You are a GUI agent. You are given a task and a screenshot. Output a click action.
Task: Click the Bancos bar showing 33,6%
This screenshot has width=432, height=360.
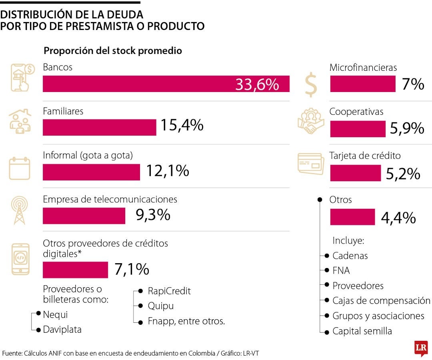[x=166, y=84]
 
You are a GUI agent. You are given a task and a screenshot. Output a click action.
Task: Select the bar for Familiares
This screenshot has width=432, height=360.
[x=99, y=127]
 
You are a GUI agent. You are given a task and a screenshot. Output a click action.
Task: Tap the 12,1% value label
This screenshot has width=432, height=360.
[x=167, y=171]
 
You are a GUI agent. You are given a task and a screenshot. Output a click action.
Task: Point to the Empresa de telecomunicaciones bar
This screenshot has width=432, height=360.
[x=84, y=216]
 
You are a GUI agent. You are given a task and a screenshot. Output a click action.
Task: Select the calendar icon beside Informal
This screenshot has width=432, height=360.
[x=20, y=168]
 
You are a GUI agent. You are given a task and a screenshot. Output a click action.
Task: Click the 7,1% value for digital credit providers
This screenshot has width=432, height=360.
[x=132, y=269]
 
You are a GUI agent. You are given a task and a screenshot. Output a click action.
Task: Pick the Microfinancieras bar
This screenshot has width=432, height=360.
[x=362, y=84]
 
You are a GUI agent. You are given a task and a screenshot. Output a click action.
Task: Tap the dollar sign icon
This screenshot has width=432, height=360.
[x=311, y=84]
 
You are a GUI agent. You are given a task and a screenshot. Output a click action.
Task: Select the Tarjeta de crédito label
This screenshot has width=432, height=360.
[x=365, y=156]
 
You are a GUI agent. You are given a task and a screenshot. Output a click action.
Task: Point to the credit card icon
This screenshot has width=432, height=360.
[x=311, y=164]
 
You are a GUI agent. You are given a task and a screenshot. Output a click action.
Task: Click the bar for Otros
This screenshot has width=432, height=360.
[x=352, y=217]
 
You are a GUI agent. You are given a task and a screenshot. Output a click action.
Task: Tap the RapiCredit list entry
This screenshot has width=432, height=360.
[x=169, y=291]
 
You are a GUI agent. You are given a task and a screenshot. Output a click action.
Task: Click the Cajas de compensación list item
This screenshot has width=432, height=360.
[x=381, y=301]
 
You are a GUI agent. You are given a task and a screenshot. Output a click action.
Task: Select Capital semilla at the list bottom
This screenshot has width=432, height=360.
[x=362, y=331]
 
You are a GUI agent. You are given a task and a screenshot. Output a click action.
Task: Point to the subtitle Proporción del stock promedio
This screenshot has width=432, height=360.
[x=113, y=51]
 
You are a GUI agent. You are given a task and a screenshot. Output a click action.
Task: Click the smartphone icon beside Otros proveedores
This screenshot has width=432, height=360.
[x=20, y=259]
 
